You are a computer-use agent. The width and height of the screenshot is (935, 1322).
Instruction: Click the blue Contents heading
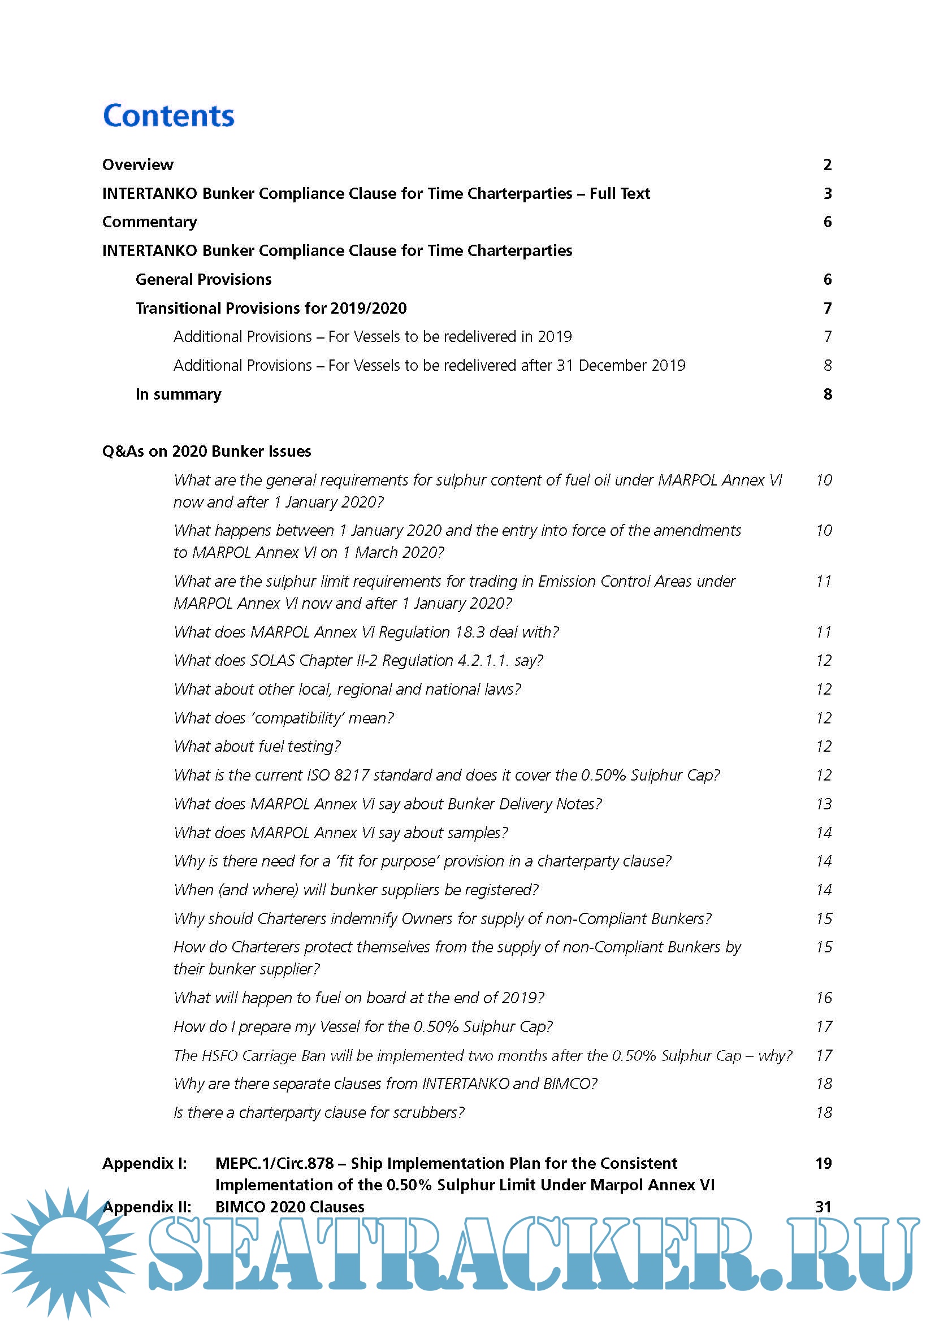click(168, 116)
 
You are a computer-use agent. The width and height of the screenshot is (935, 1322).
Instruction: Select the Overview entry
click(137, 164)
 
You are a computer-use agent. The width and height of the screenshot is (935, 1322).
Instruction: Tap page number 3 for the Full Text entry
click(828, 193)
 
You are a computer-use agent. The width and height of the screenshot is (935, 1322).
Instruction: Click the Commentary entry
click(150, 222)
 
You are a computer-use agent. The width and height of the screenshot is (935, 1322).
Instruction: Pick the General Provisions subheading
click(204, 279)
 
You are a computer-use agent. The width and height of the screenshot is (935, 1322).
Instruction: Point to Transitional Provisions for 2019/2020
click(271, 308)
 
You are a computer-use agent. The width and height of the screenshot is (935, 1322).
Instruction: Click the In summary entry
click(178, 394)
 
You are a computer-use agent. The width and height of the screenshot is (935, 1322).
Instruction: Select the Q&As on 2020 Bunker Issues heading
click(207, 451)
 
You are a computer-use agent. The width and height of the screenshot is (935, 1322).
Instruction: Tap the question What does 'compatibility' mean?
click(284, 718)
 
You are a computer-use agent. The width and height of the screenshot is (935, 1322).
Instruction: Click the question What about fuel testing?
click(257, 746)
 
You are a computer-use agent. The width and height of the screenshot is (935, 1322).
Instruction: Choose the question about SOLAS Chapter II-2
click(358, 660)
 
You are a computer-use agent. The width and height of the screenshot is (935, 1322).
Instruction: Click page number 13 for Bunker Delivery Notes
click(824, 804)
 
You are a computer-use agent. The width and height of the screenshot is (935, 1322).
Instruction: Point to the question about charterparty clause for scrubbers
click(319, 1112)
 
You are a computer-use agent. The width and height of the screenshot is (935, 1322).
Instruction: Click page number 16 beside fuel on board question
click(824, 998)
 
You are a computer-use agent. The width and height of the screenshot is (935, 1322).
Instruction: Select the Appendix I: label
click(145, 1163)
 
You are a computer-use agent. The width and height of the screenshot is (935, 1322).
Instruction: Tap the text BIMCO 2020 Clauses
click(289, 1206)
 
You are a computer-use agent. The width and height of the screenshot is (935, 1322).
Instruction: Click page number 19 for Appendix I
click(824, 1163)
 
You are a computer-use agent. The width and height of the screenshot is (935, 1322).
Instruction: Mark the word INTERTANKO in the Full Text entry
click(150, 193)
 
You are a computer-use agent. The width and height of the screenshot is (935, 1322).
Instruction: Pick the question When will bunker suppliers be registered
click(356, 890)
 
